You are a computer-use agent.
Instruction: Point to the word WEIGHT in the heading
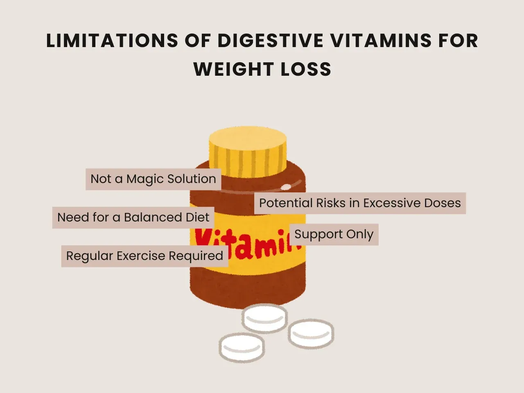tap(233, 69)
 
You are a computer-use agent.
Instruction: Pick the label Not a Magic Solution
tap(153, 179)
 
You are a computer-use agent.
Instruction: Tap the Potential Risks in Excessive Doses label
tap(360, 203)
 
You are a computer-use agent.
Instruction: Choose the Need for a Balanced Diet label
tap(133, 217)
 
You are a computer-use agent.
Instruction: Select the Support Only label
tap(334, 234)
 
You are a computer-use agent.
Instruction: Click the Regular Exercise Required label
tap(145, 256)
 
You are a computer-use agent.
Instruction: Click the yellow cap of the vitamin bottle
tap(248, 149)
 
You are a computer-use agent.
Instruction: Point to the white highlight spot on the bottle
tap(286, 187)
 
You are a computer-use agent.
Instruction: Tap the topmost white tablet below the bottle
tap(264, 318)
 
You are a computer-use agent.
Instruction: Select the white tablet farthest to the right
tap(311, 333)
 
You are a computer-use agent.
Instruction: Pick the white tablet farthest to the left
tap(242, 347)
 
